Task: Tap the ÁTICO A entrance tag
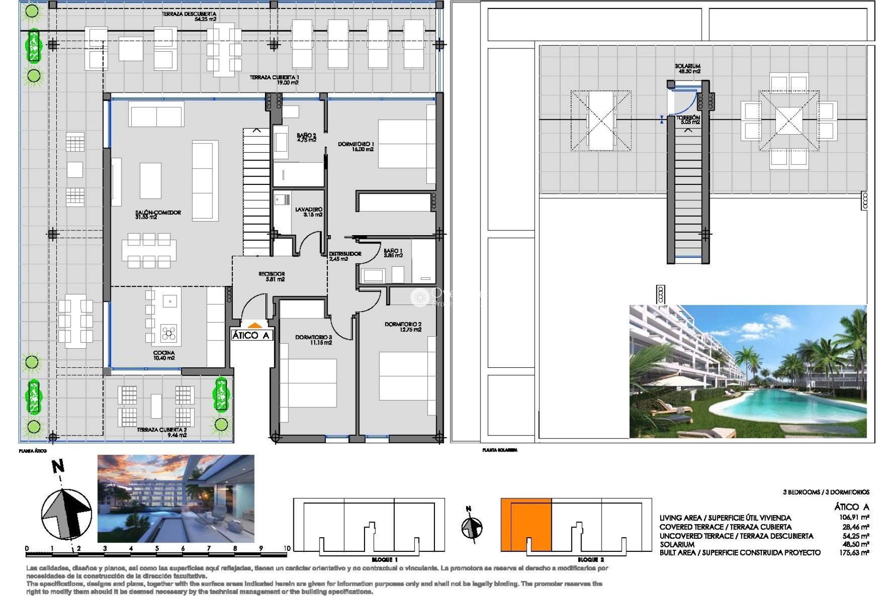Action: [251, 335]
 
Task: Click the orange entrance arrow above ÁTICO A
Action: [254, 326]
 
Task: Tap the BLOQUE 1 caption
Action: [385, 560]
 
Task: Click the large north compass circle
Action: [66, 514]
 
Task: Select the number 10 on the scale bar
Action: [287, 548]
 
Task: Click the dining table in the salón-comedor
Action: [149, 251]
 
